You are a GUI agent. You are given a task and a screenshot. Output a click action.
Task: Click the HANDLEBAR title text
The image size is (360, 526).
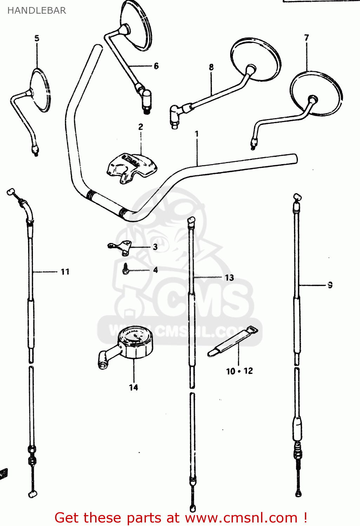(36, 11)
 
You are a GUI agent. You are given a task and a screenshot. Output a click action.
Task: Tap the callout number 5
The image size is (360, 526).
(37, 38)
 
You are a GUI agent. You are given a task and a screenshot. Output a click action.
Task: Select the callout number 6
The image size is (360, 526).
(156, 66)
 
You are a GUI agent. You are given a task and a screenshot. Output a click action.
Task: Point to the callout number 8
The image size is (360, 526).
(211, 67)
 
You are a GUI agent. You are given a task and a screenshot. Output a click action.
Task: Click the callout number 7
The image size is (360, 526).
(307, 38)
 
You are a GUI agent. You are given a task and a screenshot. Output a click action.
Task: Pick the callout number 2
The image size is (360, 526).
(141, 127)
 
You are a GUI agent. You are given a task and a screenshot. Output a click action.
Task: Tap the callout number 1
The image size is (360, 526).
(197, 134)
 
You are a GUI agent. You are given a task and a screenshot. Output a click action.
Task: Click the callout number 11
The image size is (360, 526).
(65, 272)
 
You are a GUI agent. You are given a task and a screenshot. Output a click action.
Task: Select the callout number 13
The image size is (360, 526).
(229, 278)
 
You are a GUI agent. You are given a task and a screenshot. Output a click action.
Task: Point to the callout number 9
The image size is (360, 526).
(330, 285)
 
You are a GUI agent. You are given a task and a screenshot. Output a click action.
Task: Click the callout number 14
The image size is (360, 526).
(133, 387)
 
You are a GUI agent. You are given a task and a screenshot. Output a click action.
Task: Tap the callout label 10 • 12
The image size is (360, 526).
(239, 371)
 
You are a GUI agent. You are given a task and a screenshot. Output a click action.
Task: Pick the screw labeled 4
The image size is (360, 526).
(126, 270)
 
